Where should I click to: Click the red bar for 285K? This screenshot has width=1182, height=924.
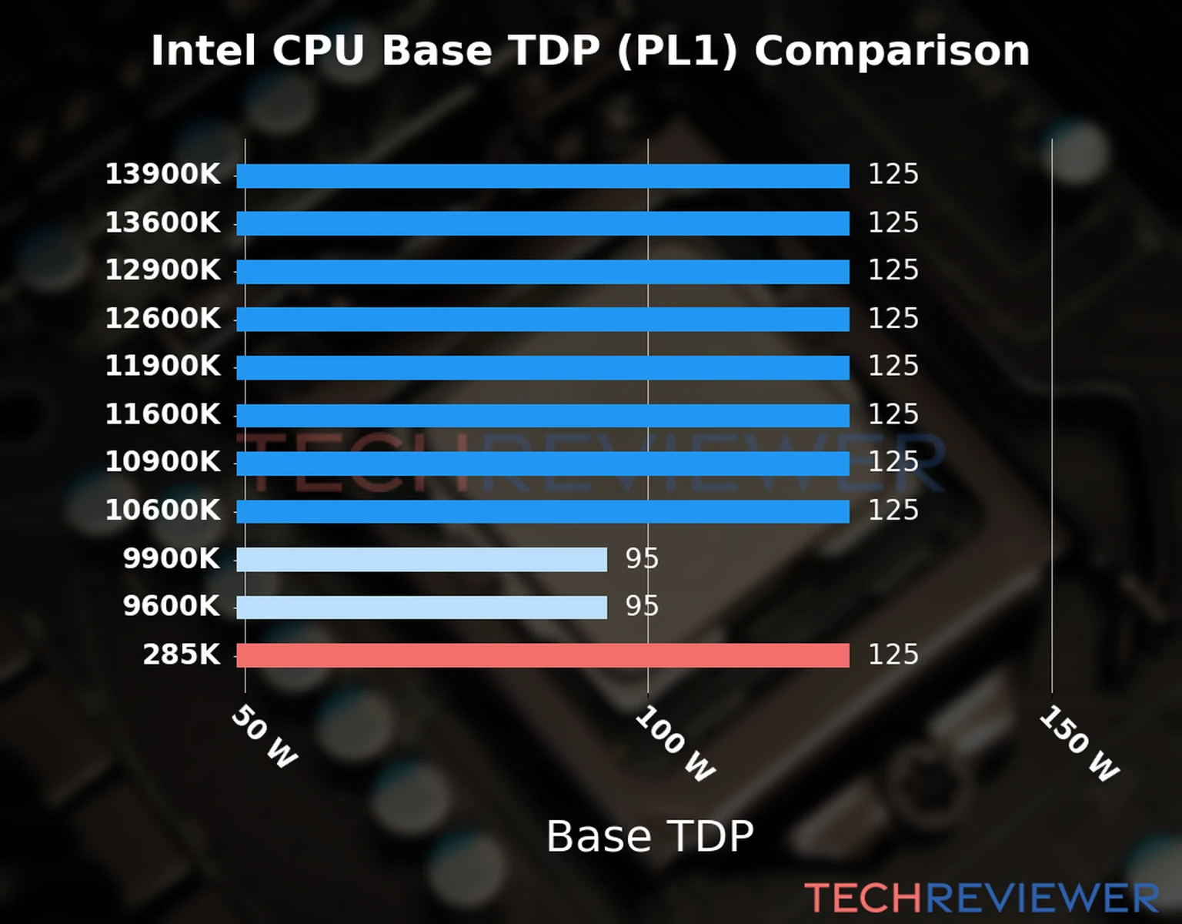(543, 655)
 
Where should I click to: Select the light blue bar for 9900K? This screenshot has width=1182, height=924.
(422, 559)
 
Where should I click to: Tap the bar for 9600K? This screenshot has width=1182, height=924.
(422, 607)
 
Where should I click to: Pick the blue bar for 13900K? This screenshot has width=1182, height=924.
(543, 176)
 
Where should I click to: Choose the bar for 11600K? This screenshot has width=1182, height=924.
(543, 416)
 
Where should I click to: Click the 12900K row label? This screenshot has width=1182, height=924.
(162, 270)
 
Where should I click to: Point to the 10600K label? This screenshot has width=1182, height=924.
(162, 511)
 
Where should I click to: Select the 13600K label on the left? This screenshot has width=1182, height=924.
(162, 223)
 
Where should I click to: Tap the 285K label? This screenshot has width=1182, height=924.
(182, 654)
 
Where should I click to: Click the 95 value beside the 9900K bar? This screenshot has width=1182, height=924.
(642, 558)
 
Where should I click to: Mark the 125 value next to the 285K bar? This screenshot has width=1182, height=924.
(893, 654)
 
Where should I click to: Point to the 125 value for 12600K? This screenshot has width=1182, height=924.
(893, 318)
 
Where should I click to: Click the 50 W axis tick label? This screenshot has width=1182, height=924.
(264, 738)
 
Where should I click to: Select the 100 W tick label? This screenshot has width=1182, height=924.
(675, 744)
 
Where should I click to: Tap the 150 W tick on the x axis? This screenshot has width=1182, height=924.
(1079, 744)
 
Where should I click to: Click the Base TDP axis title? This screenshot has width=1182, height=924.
(649, 836)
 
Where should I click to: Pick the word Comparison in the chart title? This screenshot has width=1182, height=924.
(891, 52)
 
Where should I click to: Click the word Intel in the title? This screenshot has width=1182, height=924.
(203, 52)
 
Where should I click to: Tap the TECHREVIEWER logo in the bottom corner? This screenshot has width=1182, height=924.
(981, 898)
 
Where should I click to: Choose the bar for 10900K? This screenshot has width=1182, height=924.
(543, 464)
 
